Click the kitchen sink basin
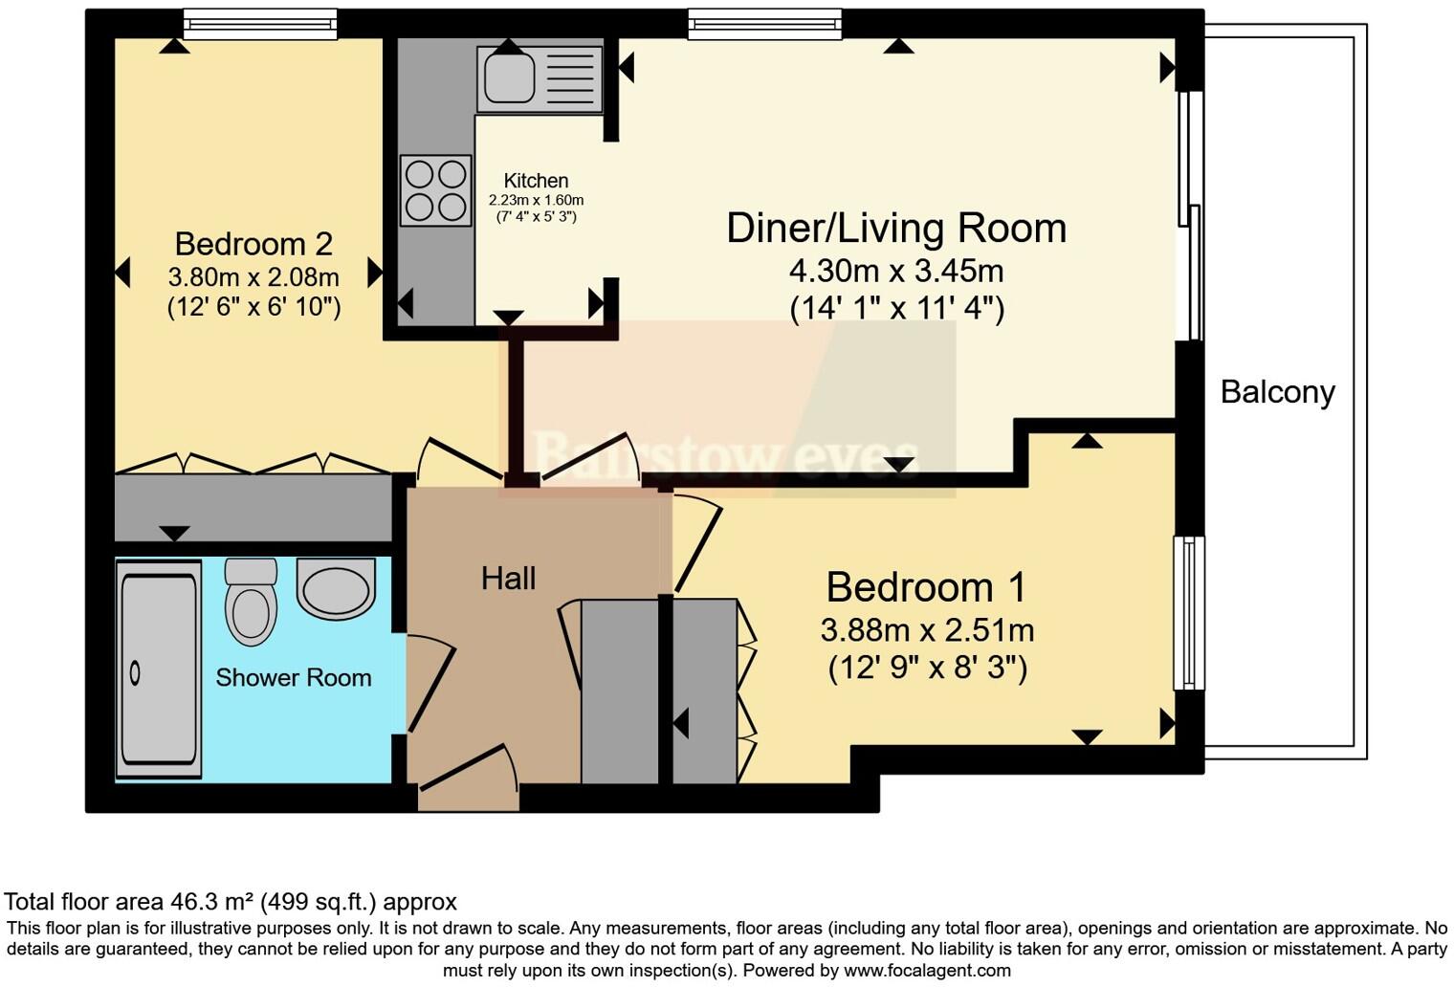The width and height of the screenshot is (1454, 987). [x=508, y=77]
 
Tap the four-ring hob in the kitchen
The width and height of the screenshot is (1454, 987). [x=435, y=190]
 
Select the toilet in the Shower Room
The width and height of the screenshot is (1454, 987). [x=251, y=603]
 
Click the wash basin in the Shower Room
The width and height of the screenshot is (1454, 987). [x=337, y=588]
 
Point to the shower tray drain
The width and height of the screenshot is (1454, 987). [x=135, y=673]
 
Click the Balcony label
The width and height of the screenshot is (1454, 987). [x=1277, y=392]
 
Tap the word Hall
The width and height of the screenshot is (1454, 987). [x=508, y=579]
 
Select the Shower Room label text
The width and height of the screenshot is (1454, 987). [x=294, y=677]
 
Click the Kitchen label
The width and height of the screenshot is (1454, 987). [x=536, y=181]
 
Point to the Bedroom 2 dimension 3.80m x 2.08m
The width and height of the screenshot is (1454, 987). [x=253, y=277]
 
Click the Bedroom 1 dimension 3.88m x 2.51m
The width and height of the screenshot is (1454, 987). [x=927, y=630]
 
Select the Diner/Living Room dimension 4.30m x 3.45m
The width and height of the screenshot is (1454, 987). [x=896, y=271]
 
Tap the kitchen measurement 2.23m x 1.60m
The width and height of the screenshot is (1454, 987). [x=536, y=201]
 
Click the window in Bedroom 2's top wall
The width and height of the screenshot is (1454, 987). [x=260, y=25]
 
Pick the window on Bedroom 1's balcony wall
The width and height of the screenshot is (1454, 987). [x=1189, y=613]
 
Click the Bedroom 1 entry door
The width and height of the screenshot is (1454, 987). [x=697, y=542]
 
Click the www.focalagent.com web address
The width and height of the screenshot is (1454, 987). [x=927, y=970]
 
